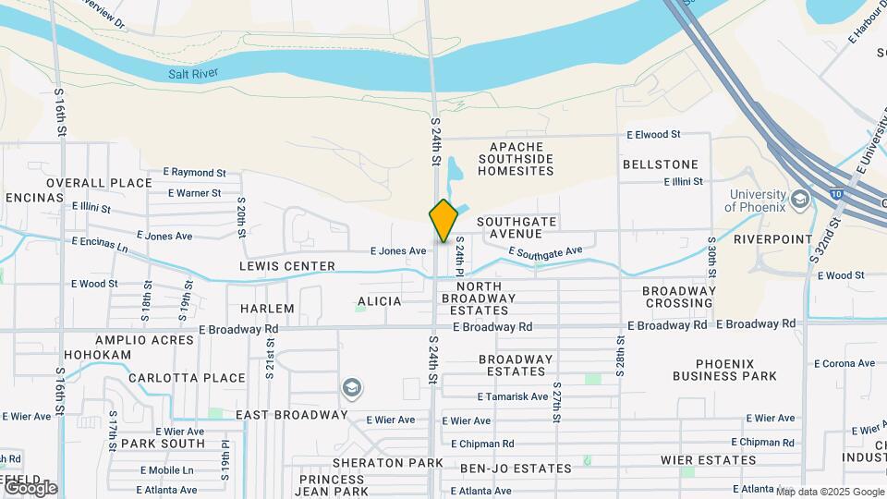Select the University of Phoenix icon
pyautogui.click(x=799, y=199)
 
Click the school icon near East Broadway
pyautogui.click(x=351, y=388)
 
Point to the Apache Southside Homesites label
pyautogui.click(x=521, y=159)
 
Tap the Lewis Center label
pyautogui.click(x=287, y=266)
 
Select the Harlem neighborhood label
pyautogui.click(x=267, y=308)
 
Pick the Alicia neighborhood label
pyautogui.click(x=379, y=301)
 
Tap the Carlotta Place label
pyautogui.click(x=187, y=378)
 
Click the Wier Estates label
pyautogui.click(x=709, y=459)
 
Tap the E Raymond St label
pyautogui.click(x=194, y=173)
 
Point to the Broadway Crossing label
pyautogui.click(x=679, y=297)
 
